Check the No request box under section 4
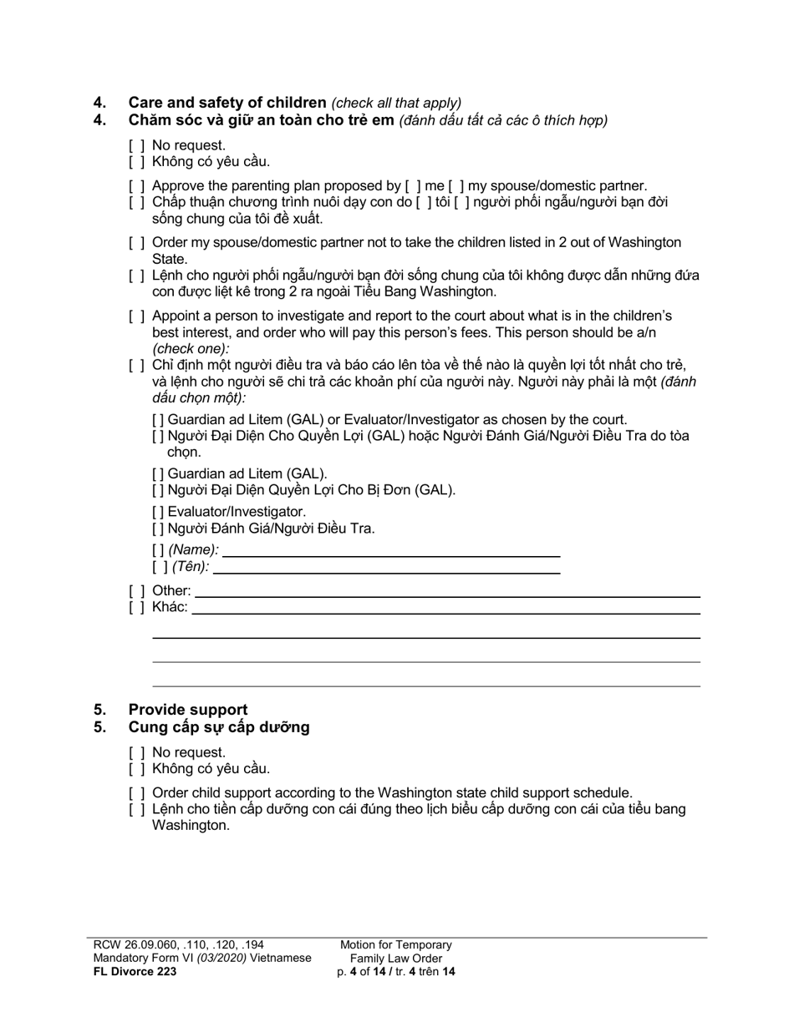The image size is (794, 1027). coord(137,145)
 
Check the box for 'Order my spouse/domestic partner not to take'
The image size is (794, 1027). coord(137,243)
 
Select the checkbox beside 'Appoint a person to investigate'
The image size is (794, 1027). coord(137,316)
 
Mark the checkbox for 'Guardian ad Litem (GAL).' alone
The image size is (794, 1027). coord(159,474)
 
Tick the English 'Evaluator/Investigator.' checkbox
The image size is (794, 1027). coord(159,512)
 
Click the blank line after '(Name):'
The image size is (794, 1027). coord(391,549)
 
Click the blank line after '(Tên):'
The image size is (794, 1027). coord(386,567)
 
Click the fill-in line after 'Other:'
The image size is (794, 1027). coord(447,590)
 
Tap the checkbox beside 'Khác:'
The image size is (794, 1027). coord(137,607)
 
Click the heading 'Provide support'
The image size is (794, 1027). coord(188,710)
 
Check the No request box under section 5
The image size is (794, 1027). coord(137,752)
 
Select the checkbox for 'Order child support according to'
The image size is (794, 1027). coord(137,793)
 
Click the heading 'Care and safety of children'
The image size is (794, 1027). coord(226,103)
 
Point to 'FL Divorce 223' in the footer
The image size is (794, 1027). coord(135,971)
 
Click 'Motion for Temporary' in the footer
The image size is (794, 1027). coord(395,945)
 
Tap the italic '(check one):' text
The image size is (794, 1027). coord(191,349)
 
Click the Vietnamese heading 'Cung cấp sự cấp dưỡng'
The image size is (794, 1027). coord(218,727)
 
